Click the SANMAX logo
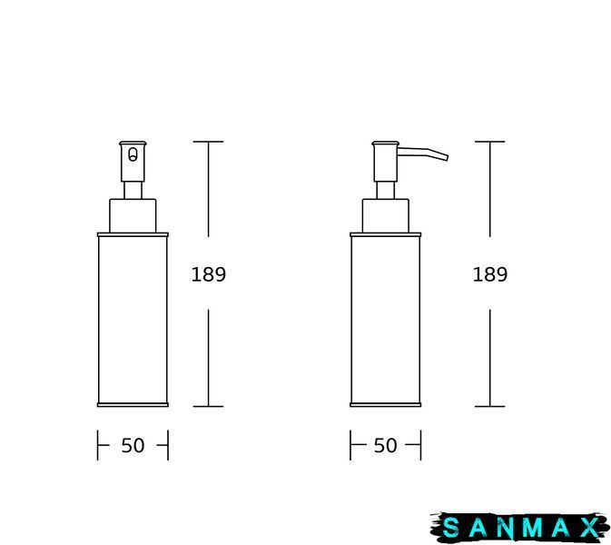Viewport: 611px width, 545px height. (x=520, y=528)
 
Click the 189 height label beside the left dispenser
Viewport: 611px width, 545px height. (x=209, y=274)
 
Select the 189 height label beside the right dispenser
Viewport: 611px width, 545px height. (x=490, y=274)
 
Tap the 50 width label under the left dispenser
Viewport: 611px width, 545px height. (x=133, y=445)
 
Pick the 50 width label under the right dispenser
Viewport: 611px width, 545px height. (x=385, y=445)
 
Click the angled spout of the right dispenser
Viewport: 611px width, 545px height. (x=422, y=154)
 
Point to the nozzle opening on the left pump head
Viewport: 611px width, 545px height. (x=133, y=154)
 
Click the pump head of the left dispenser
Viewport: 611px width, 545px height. (x=133, y=162)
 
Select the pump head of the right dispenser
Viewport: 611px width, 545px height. (x=385, y=162)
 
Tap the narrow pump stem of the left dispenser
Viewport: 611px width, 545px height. (x=133, y=190)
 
